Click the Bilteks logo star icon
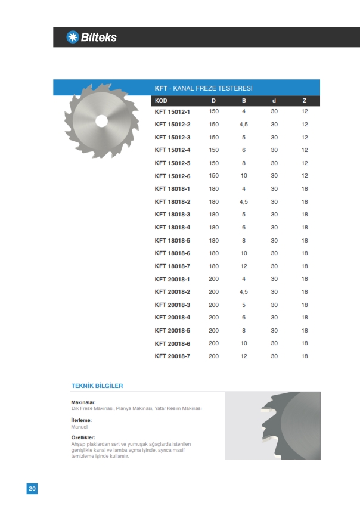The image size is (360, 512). tap(72, 37)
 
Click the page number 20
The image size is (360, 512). tap(32, 489)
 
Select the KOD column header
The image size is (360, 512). tap(161, 100)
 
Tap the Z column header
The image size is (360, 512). tap(304, 100)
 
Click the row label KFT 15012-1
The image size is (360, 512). tap(172, 111)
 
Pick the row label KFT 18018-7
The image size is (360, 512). tap(172, 266)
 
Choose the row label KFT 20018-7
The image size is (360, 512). tap(172, 356)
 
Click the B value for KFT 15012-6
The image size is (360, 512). tap(243, 176)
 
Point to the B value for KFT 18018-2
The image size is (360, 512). tap(243, 201)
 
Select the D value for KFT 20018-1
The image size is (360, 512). tap(214, 279)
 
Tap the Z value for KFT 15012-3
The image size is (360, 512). tap(305, 137)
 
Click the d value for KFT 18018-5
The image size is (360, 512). tap(274, 240)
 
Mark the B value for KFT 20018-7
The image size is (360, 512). tap(243, 356)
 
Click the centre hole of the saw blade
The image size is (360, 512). tap(101, 120)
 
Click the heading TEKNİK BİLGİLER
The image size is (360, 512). tap(97, 386)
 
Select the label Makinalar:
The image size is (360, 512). tap(83, 402)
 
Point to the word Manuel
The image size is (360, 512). tap(79, 427)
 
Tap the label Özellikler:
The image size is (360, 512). tap(84, 438)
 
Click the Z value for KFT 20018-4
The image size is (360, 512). tap(305, 318)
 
